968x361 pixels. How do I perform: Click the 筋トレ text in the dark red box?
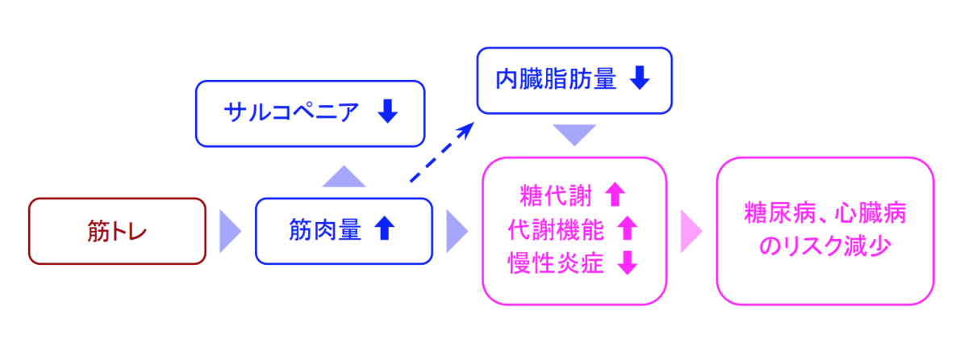point(117,232)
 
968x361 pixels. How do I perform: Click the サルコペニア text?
point(292,113)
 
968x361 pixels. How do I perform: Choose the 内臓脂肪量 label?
point(556,79)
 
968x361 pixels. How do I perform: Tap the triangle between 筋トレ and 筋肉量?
point(230,232)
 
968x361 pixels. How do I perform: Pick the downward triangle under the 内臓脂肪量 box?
point(574,134)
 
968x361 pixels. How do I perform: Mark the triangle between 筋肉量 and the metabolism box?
point(457,232)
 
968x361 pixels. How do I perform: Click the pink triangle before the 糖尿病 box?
point(691,232)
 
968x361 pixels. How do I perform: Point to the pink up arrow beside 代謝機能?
point(627,229)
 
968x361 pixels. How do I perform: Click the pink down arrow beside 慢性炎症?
point(627,264)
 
